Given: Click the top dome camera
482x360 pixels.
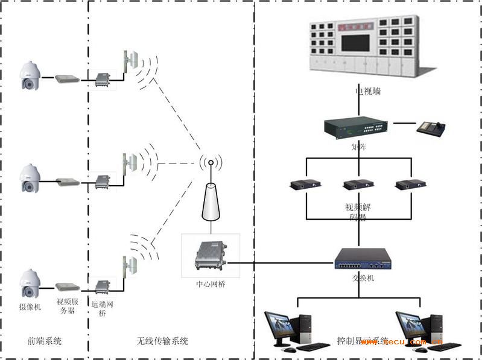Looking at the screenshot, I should click(29, 75).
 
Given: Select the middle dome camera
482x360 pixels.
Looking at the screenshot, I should click(29, 178).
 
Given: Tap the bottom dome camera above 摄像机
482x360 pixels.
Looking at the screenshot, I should click(29, 283).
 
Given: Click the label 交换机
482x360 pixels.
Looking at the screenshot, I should click(362, 279).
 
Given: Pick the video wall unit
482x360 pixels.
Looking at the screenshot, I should click(369, 47).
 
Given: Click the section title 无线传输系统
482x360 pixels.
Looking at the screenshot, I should click(162, 341).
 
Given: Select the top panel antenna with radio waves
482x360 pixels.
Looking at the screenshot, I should click(130, 62).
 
